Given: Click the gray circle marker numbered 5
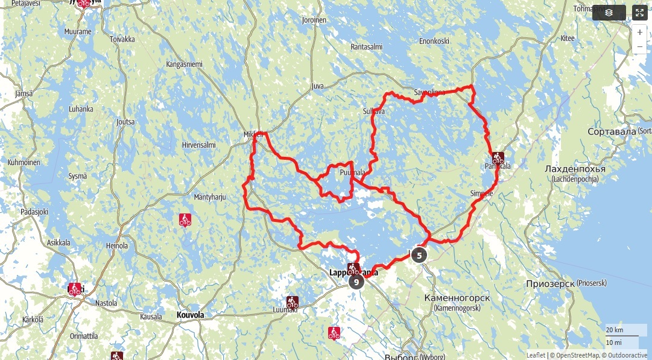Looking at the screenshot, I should click(x=419, y=255).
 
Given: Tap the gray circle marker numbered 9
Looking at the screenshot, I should click(x=356, y=282).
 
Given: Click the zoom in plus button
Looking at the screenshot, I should click(x=639, y=33).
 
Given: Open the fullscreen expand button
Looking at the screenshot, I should click(x=639, y=13).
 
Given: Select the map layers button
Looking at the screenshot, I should click(x=608, y=13).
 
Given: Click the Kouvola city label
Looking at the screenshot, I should click(x=190, y=315).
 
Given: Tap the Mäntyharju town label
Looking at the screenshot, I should click(x=209, y=197).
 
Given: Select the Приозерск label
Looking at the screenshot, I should click(x=550, y=283).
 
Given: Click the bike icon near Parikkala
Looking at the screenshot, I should click(x=498, y=159).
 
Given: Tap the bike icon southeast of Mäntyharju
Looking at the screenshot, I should click(x=185, y=220).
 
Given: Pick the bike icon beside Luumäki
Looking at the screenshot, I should click(x=292, y=302).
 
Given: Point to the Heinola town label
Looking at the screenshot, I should click(x=117, y=245).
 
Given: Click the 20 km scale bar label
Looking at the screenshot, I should click(x=615, y=330).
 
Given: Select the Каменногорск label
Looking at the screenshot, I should click(x=457, y=298).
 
